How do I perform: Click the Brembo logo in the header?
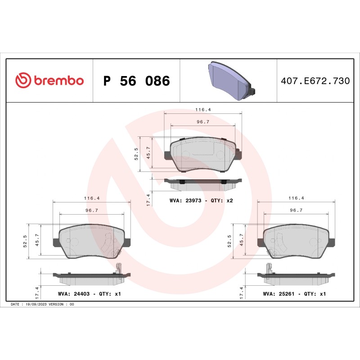(49, 81)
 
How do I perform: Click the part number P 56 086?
(136, 81)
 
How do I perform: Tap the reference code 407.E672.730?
(315, 81)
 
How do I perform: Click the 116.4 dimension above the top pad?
(203, 109)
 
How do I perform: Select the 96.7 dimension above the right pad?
(296, 210)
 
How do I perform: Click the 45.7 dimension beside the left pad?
(37, 241)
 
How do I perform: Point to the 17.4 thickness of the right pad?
(242, 293)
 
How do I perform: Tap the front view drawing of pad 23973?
(203, 155)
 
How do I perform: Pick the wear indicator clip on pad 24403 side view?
(118, 269)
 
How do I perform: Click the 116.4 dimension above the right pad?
(296, 198)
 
